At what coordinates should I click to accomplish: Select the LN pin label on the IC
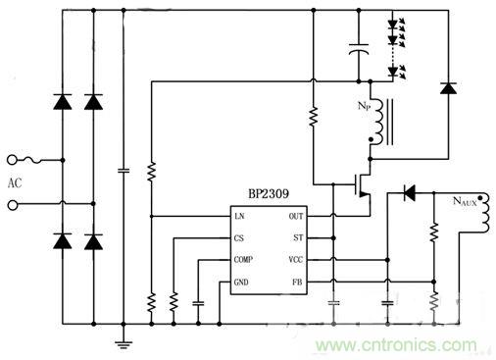click(239, 216)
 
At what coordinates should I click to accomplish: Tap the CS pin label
click(239, 238)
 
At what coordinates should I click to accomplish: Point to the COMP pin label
click(244, 261)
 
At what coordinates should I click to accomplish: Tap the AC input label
click(14, 183)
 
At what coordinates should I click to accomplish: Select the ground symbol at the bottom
click(124, 342)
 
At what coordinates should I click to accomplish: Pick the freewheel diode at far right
click(449, 88)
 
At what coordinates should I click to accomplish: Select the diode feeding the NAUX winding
click(409, 193)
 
